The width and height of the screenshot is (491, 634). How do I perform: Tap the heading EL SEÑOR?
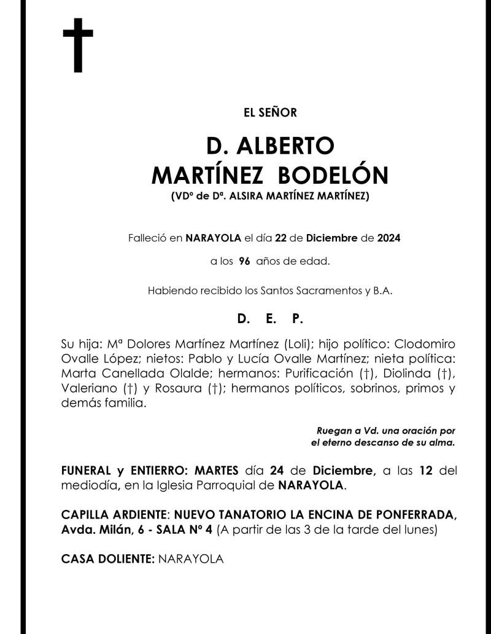pyautogui.click(x=270, y=112)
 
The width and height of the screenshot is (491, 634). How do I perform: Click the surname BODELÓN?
pyautogui.click(x=333, y=176)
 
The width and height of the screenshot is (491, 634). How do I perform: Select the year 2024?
pyautogui.click(x=389, y=238)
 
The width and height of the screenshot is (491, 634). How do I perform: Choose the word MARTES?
pyautogui.click(x=212, y=471)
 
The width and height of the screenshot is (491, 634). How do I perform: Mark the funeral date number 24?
pyautogui.click(x=277, y=471)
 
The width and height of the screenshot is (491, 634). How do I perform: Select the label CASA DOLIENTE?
pyautogui.click(x=107, y=559)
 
